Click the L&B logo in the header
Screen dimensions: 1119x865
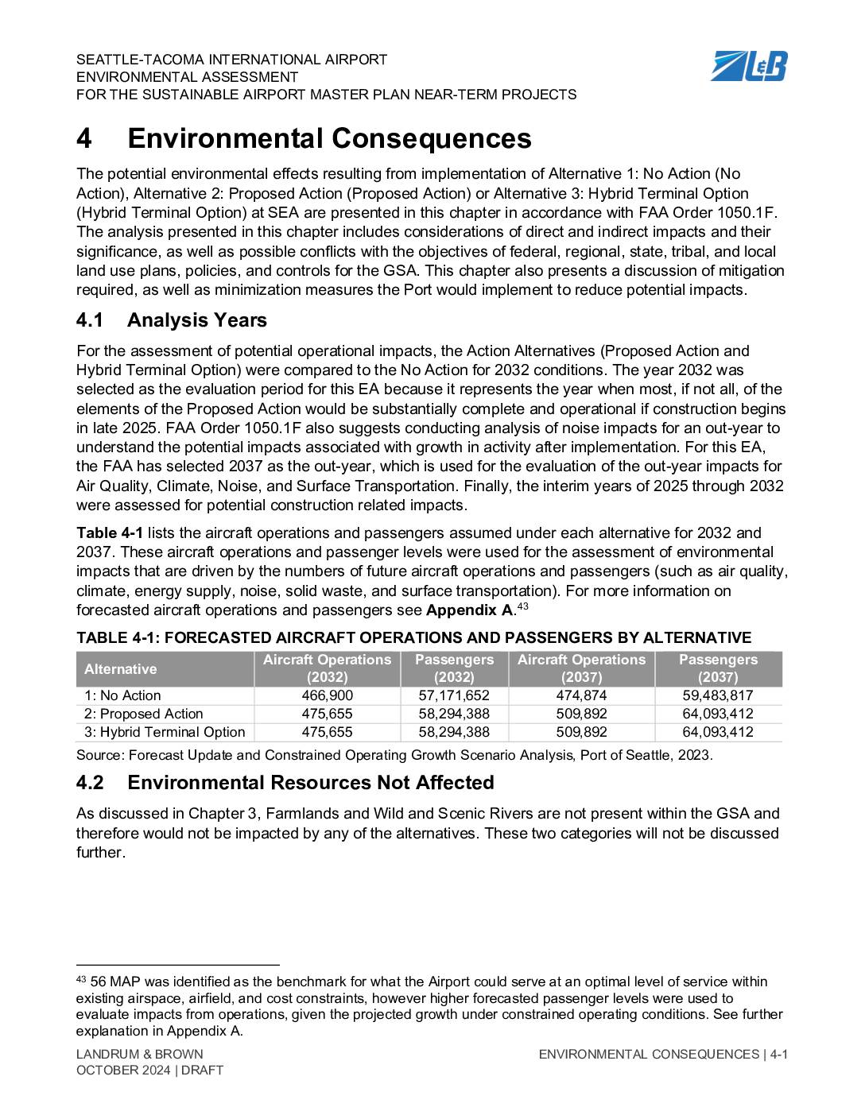pos(748,66)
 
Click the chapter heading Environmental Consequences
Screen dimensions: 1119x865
pos(329,138)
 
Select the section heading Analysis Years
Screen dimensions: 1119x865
pos(196,320)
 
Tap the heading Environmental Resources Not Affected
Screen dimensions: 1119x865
pos(310,783)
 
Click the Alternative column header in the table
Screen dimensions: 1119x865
pos(121,669)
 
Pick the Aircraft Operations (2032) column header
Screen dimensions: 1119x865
pos(327,668)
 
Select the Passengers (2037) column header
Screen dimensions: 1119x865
pos(718,668)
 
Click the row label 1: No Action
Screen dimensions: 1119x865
pos(122,695)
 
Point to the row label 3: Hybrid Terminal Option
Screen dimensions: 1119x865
pos(165,732)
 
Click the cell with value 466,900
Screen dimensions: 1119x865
pos(327,695)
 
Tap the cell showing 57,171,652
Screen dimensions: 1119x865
pos(454,695)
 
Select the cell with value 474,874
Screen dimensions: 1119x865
pos(581,695)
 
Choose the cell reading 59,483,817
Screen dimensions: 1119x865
pos(718,695)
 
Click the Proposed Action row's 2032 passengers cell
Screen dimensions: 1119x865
pos(454,714)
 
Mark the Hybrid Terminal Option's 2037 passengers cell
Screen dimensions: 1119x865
pos(718,732)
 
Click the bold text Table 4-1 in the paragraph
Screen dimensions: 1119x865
pos(110,532)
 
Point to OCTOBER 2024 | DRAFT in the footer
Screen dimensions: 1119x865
pos(149,1071)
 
